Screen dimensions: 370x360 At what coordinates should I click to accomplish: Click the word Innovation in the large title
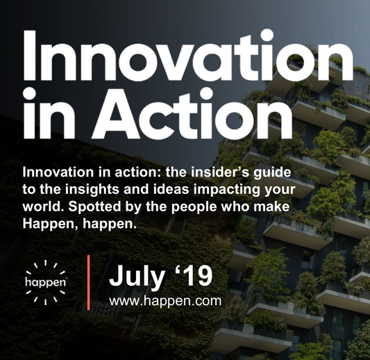click(188, 56)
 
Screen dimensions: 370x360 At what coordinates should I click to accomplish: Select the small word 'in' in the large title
click(49, 114)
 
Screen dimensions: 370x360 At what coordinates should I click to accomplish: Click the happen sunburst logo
click(45, 282)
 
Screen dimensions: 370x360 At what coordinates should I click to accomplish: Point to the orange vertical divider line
click(88, 282)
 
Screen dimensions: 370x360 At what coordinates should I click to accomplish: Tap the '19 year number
click(194, 275)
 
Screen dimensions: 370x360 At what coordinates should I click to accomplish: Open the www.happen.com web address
click(165, 301)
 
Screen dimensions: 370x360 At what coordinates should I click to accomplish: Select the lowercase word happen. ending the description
click(110, 224)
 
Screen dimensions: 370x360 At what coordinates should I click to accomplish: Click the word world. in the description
click(44, 206)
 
